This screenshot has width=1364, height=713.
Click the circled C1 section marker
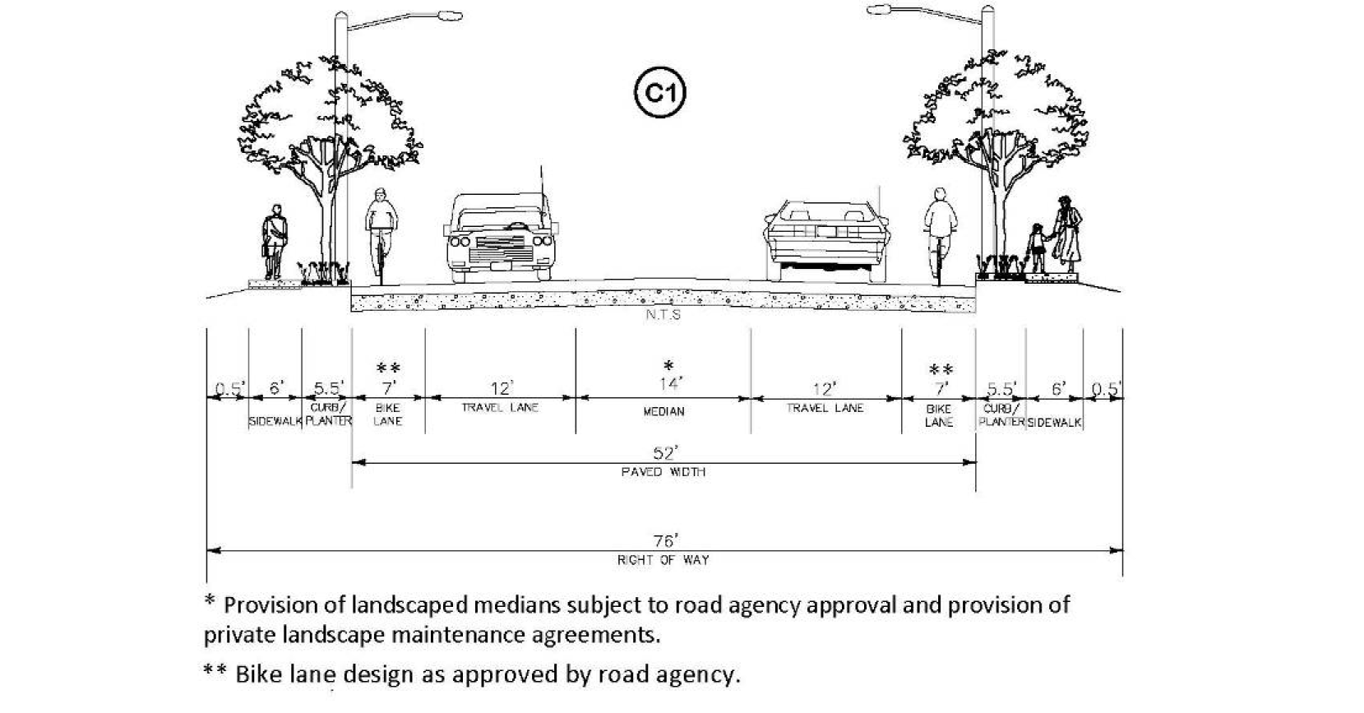660,93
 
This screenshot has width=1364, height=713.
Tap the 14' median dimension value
671,383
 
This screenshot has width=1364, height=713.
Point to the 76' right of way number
666,541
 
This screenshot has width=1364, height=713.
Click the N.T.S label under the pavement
664,315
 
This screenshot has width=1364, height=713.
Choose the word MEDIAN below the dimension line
664,412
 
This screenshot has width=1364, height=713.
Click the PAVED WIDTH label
664,472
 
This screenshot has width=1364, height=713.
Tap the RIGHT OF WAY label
664,560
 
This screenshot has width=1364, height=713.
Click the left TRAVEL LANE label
500,407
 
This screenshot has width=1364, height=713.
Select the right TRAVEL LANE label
825,408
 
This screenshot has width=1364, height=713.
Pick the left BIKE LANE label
388,414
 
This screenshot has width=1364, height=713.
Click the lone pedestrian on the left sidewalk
274,242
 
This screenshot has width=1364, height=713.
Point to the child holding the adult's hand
1037,248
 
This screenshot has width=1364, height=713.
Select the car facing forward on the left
501,238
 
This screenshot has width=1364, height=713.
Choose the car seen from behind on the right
826,241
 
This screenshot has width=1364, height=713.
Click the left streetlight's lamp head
450,15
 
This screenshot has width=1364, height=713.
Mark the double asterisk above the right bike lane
941,369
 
